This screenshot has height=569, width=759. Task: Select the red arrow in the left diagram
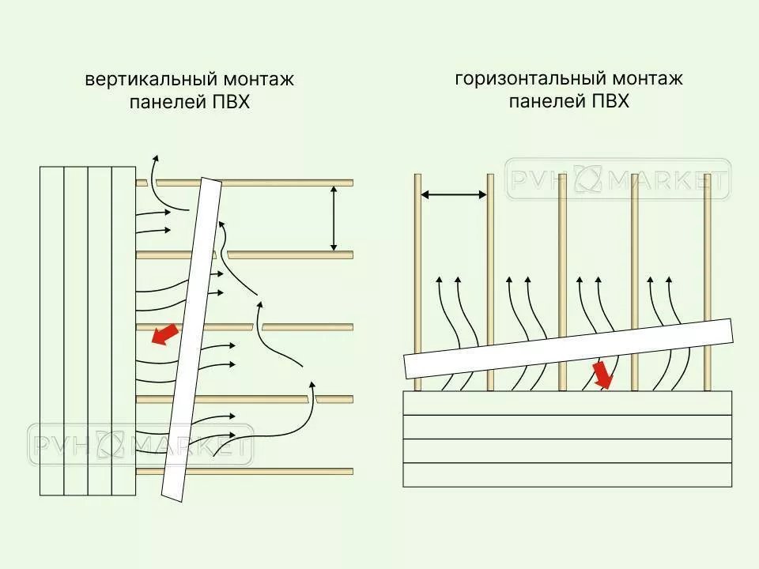[x=164, y=335]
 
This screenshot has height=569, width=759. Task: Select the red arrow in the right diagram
[x=603, y=375]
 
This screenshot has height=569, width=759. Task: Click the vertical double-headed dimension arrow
[x=334, y=217]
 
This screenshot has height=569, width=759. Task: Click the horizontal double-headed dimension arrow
[x=454, y=194]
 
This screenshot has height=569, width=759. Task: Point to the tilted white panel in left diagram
[x=191, y=340]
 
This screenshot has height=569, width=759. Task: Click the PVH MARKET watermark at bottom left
[x=141, y=444]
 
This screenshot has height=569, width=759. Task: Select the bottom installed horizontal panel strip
[x=567, y=474]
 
